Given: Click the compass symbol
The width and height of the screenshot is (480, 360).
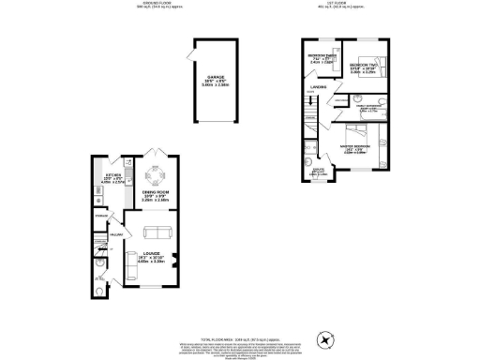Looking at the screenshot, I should click(327, 338).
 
